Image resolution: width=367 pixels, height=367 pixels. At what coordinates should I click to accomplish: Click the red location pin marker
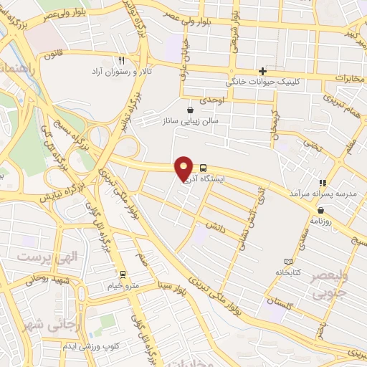[184, 168]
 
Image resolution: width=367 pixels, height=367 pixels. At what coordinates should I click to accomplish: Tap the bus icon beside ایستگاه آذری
[204, 165]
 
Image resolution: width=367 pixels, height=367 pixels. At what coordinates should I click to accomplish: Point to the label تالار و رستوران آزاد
[121, 72]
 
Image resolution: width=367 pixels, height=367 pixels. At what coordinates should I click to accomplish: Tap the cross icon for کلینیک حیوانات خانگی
[263, 71]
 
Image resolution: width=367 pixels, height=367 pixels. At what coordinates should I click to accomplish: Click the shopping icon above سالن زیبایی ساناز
[190, 110]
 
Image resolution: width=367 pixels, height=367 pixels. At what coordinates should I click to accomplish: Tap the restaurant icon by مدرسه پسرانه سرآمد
[323, 183]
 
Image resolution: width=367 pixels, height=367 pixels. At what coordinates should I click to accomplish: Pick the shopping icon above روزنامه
[320, 210]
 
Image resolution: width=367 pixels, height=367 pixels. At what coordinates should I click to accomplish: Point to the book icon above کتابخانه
[288, 261]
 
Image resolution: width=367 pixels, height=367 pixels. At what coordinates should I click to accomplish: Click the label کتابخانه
[288, 273]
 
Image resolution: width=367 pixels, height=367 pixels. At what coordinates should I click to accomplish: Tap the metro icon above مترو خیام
[123, 274]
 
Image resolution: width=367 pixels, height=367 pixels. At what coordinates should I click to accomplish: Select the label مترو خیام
[122, 285]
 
